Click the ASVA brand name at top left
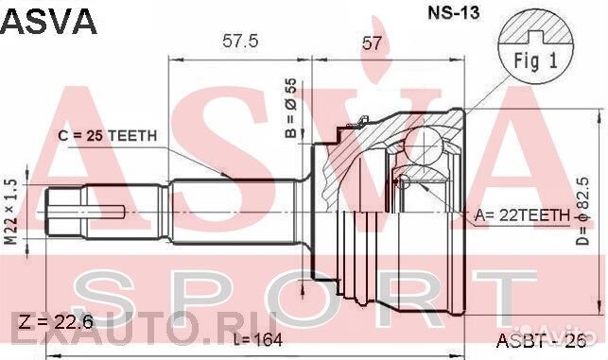(48, 22)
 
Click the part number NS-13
(453, 13)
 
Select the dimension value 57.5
(240, 42)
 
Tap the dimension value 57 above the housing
(372, 43)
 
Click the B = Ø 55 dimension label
(291, 109)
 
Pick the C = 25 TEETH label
(108, 136)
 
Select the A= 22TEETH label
(522, 215)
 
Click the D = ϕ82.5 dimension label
(582, 211)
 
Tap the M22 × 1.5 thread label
(12, 212)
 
